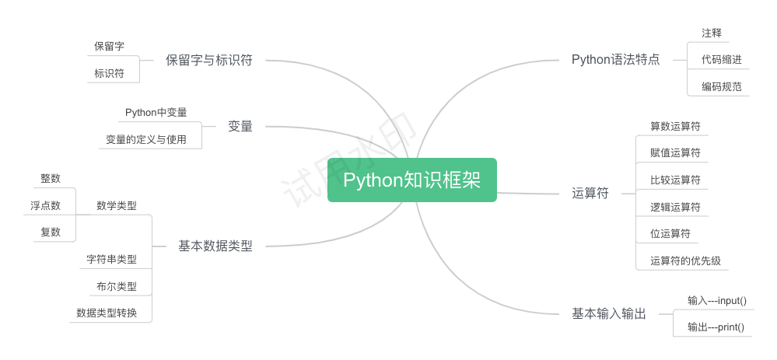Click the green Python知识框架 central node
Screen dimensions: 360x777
point(411,180)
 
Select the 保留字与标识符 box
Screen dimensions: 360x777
point(208,59)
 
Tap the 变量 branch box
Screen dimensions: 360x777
point(240,125)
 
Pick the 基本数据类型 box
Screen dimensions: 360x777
point(215,246)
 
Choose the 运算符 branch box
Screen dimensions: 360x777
point(590,193)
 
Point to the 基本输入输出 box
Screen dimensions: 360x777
point(608,313)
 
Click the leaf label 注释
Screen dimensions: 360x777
point(712,33)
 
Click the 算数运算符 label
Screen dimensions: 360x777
point(675,125)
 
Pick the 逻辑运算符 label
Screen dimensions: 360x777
point(675,207)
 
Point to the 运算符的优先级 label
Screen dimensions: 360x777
point(685,260)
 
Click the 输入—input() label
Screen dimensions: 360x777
point(716,300)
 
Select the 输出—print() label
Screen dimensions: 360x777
point(716,327)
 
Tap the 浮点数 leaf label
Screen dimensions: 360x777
point(45,205)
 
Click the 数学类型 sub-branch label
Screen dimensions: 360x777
point(117,205)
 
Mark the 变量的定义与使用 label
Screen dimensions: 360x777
point(145,140)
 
